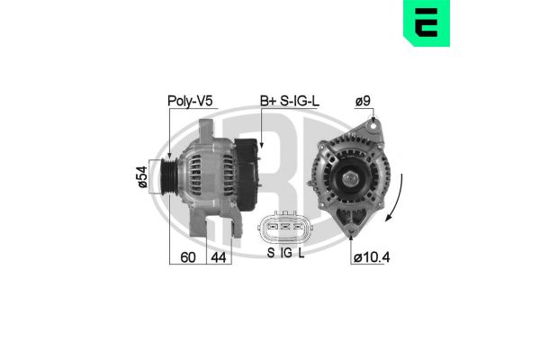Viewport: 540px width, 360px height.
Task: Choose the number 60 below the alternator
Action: coord(188,256)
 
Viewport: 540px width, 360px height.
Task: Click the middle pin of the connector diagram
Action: coord(285,228)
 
